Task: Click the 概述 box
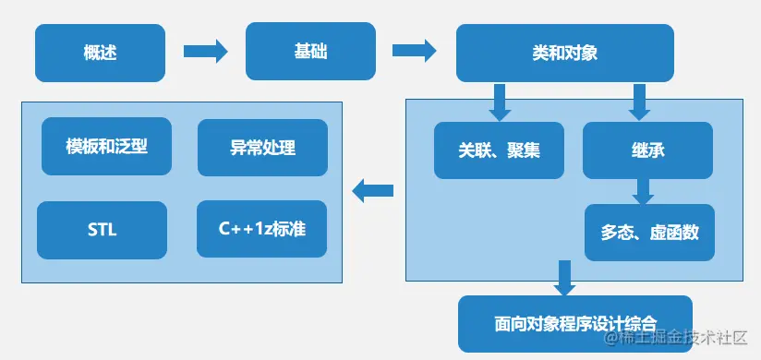point(100,52)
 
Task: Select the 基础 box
point(310,52)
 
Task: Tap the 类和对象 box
point(564,53)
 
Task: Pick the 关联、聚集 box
point(499,150)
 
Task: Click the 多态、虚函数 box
point(649,232)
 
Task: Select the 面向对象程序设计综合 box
point(574,323)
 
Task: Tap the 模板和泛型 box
point(107,146)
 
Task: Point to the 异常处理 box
point(262,147)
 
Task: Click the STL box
point(102,230)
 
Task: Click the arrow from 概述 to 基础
point(205,51)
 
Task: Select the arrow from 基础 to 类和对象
point(414,51)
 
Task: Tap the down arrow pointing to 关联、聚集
point(500,102)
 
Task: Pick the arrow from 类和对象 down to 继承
point(638,102)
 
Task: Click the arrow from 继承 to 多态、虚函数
point(643,191)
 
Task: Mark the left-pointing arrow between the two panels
point(373,191)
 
